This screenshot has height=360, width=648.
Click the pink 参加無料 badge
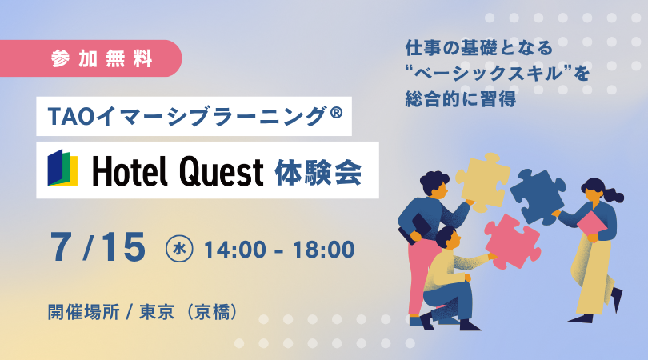[90, 58]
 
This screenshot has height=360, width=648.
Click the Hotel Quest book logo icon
[63, 167]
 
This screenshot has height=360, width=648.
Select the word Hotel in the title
[130, 171]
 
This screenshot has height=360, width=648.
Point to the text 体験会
[318, 171]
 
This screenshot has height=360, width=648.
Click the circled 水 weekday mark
[179, 249]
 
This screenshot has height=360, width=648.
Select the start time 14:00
[235, 250]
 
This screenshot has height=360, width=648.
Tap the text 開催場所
[83, 312]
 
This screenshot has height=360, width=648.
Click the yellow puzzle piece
[482, 182]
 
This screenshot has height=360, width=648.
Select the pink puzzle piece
[513, 241]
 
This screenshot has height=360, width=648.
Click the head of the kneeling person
[447, 238]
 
